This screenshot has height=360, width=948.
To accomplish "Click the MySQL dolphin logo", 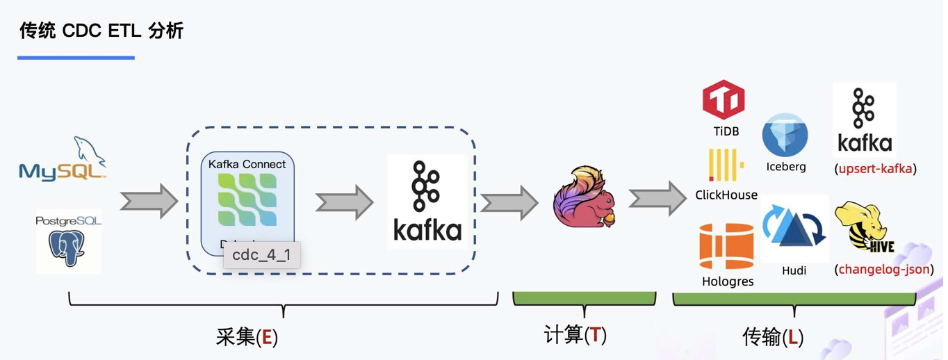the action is point(63,159).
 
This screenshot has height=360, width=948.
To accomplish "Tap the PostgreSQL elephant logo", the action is point(68,240).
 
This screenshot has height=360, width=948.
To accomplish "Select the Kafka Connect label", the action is point(247,164).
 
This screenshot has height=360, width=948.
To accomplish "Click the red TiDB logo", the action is point(724,100).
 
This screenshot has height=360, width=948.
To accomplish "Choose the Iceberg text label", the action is point(786,167).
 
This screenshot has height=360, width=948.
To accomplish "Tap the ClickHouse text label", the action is point(726,195).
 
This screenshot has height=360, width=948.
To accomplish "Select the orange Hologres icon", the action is point(726,247).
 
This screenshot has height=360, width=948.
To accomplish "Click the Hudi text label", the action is point(794,270).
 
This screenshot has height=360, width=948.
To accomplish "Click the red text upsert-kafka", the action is point(875,168).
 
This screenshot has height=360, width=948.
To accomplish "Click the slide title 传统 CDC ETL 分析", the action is point(101,31).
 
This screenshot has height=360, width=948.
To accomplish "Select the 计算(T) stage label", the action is point(575,335).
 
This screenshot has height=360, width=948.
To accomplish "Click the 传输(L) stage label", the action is point(774,337).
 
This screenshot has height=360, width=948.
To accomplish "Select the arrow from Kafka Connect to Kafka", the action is point(344,203).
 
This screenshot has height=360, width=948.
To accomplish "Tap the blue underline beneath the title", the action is point(76,58).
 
